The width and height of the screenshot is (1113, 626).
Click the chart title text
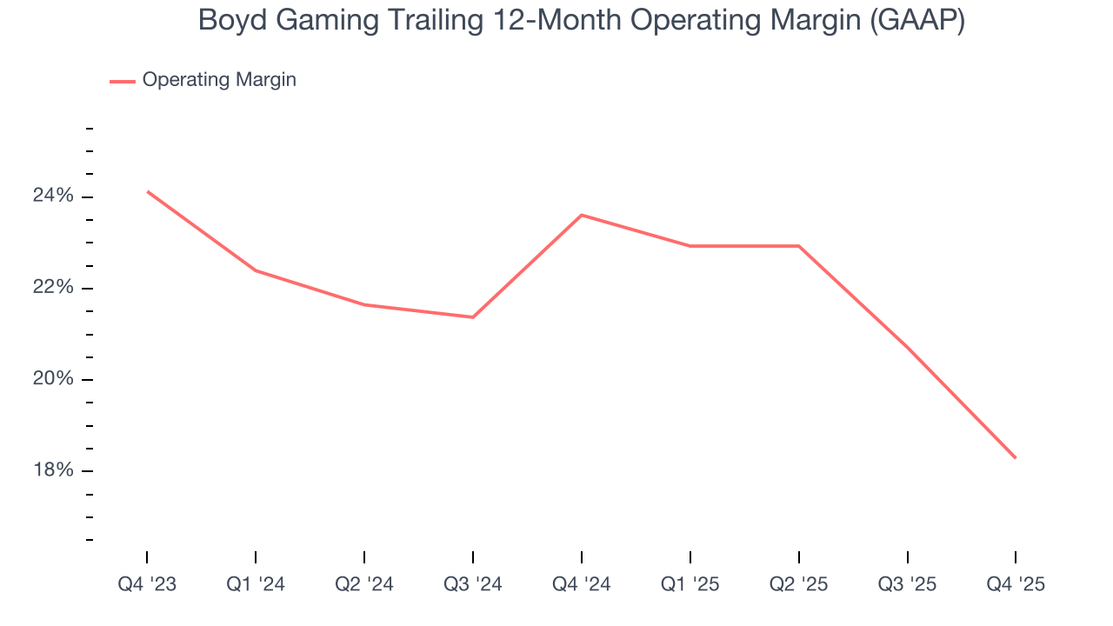pyautogui.click(x=582, y=20)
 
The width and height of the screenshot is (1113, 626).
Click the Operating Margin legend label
pyautogui.click(x=219, y=80)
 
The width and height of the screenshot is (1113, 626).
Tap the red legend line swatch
pyautogui.click(x=122, y=81)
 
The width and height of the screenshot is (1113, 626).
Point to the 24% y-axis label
pyautogui.click(x=53, y=196)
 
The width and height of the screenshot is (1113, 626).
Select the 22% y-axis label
pyautogui.click(x=53, y=288)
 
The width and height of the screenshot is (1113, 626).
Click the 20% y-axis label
pyautogui.click(x=53, y=379)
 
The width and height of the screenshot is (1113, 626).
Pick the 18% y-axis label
pyautogui.click(x=53, y=470)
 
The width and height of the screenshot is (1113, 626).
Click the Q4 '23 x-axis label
pyautogui.click(x=147, y=584)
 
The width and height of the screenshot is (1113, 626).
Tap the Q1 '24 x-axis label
pyautogui.click(x=256, y=584)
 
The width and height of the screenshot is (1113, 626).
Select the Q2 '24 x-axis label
pyautogui.click(x=364, y=584)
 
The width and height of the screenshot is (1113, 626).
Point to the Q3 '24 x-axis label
pyautogui.click(x=473, y=584)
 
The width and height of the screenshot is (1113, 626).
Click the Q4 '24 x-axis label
pyautogui.click(x=582, y=584)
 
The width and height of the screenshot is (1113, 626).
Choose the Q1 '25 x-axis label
pyautogui.click(x=690, y=584)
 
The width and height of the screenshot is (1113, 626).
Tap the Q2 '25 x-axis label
pyautogui.click(x=799, y=584)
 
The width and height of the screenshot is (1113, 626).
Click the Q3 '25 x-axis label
pyautogui.click(x=908, y=584)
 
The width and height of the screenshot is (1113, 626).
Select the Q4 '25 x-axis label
pyautogui.click(x=1016, y=584)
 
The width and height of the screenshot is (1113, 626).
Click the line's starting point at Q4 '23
pyautogui.click(x=148, y=191)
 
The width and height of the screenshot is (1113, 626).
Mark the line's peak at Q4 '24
pyautogui.click(x=582, y=215)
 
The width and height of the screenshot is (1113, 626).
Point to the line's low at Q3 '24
pyautogui.click(x=473, y=317)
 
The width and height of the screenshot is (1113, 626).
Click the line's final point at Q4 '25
pyautogui.click(x=1016, y=458)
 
